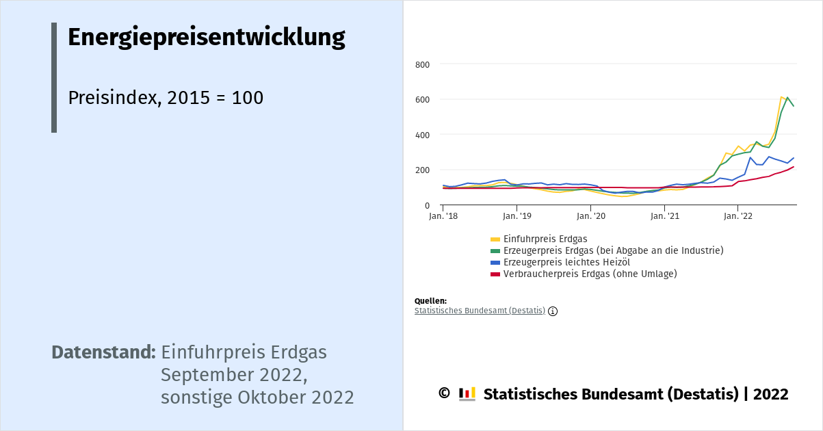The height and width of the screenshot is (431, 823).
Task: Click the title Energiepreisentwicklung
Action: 206,38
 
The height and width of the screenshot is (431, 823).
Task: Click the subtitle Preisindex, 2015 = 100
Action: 166,98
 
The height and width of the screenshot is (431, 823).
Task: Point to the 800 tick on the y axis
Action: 422,65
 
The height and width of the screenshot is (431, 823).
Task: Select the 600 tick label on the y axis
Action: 422,100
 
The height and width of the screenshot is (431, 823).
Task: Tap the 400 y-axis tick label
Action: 422,135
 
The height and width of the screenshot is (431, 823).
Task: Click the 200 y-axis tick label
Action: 422,170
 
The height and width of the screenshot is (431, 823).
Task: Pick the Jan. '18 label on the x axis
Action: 443,216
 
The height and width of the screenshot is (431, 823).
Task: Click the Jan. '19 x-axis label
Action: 517,216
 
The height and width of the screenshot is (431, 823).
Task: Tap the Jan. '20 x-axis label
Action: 591,216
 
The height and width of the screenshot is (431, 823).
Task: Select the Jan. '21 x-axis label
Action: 665,216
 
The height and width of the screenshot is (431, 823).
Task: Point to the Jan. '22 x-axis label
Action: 738,216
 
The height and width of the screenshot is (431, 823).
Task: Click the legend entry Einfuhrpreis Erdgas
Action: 545,239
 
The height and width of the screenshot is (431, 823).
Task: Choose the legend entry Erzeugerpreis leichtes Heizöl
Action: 566,262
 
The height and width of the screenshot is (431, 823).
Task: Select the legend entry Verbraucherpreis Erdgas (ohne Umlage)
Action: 590,274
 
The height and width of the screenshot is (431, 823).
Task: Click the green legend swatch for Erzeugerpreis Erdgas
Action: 495,251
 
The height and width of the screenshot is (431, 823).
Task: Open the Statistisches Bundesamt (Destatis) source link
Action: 480,311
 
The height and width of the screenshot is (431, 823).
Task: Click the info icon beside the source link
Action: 553,311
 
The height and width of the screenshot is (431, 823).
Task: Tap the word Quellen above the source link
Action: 430,301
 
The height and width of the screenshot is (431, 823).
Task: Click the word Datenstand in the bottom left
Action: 104,353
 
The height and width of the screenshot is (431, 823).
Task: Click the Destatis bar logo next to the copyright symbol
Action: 467,394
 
